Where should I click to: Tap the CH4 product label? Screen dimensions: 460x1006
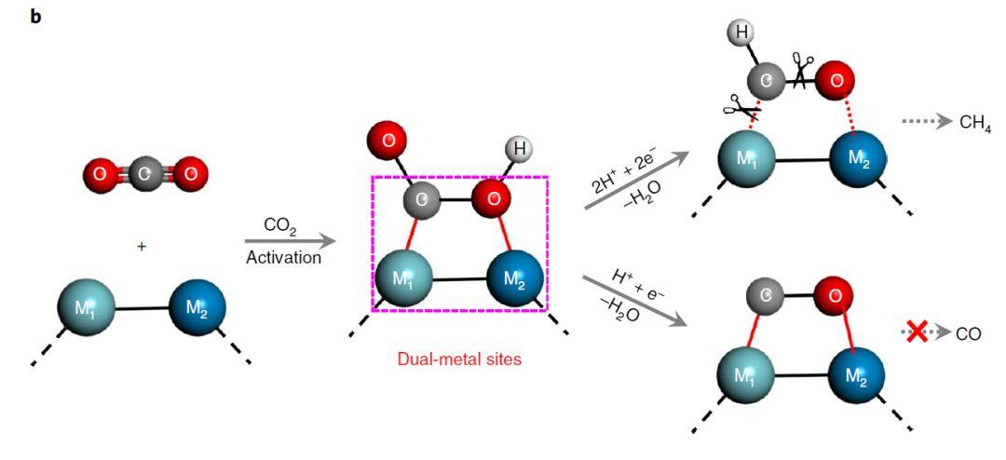pos(975,121)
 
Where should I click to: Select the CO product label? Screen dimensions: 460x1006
pos(969,332)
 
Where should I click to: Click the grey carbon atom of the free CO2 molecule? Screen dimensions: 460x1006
pos(143,173)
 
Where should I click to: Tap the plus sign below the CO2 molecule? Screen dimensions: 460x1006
pos(142,246)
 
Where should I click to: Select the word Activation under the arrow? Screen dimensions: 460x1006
pos(283,258)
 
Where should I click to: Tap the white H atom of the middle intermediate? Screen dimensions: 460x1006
pos(519,148)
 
